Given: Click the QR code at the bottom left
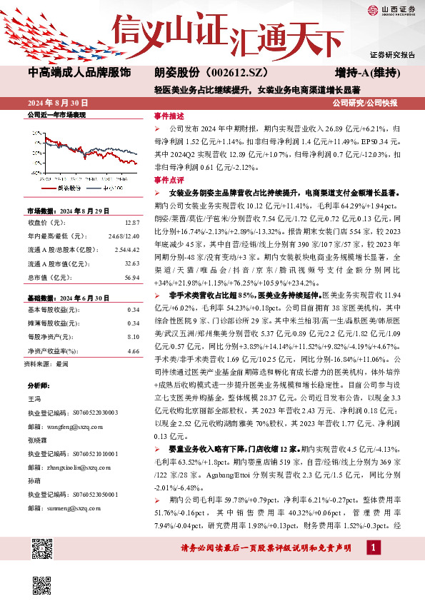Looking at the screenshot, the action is (x=42, y=548).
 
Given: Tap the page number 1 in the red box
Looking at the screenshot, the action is (x=372, y=547).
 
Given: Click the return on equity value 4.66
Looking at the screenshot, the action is (x=133, y=351).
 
